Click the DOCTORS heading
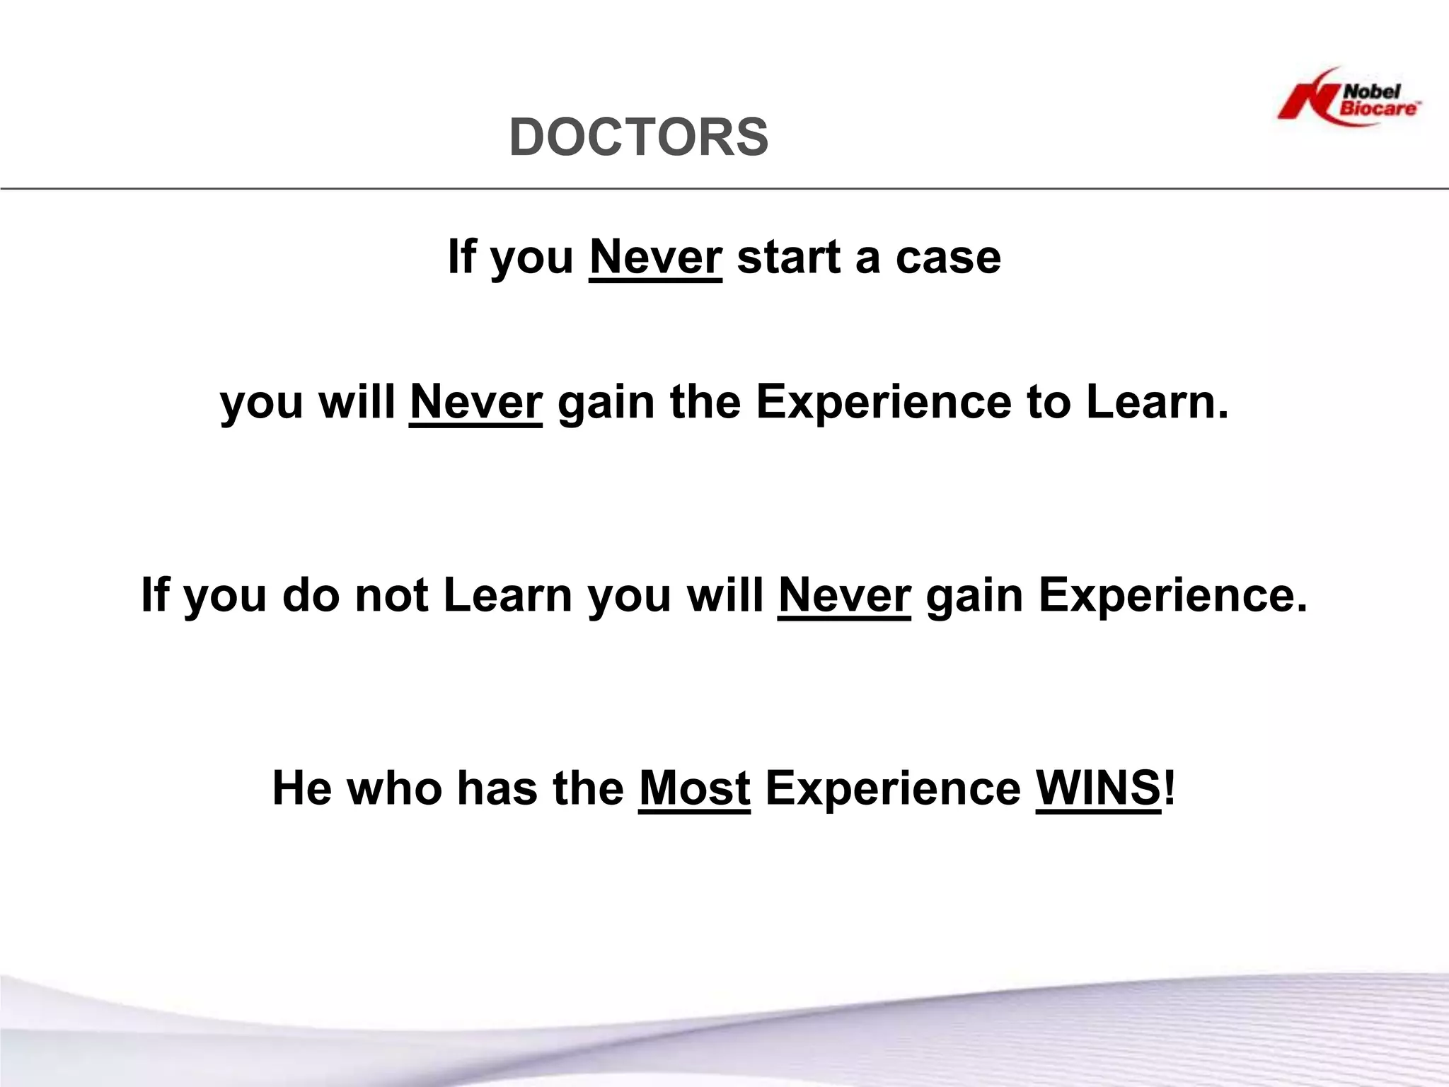click(x=639, y=137)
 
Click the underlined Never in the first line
click(x=655, y=257)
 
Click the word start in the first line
click(x=788, y=257)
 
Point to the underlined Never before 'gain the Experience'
click(x=475, y=402)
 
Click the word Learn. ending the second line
click(x=1158, y=402)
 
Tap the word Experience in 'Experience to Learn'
click(x=883, y=402)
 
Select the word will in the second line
click(x=357, y=402)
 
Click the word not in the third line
click(x=391, y=595)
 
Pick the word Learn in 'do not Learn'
click(x=507, y=595)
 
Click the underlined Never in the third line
click(x=844, y=595)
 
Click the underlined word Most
click(x=694, y=788)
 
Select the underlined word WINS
click(x=1098, y=788)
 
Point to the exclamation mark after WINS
click(x=1169, y=788)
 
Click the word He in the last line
click(x=301, y=788)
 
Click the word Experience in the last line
click(x=893, y=788)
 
